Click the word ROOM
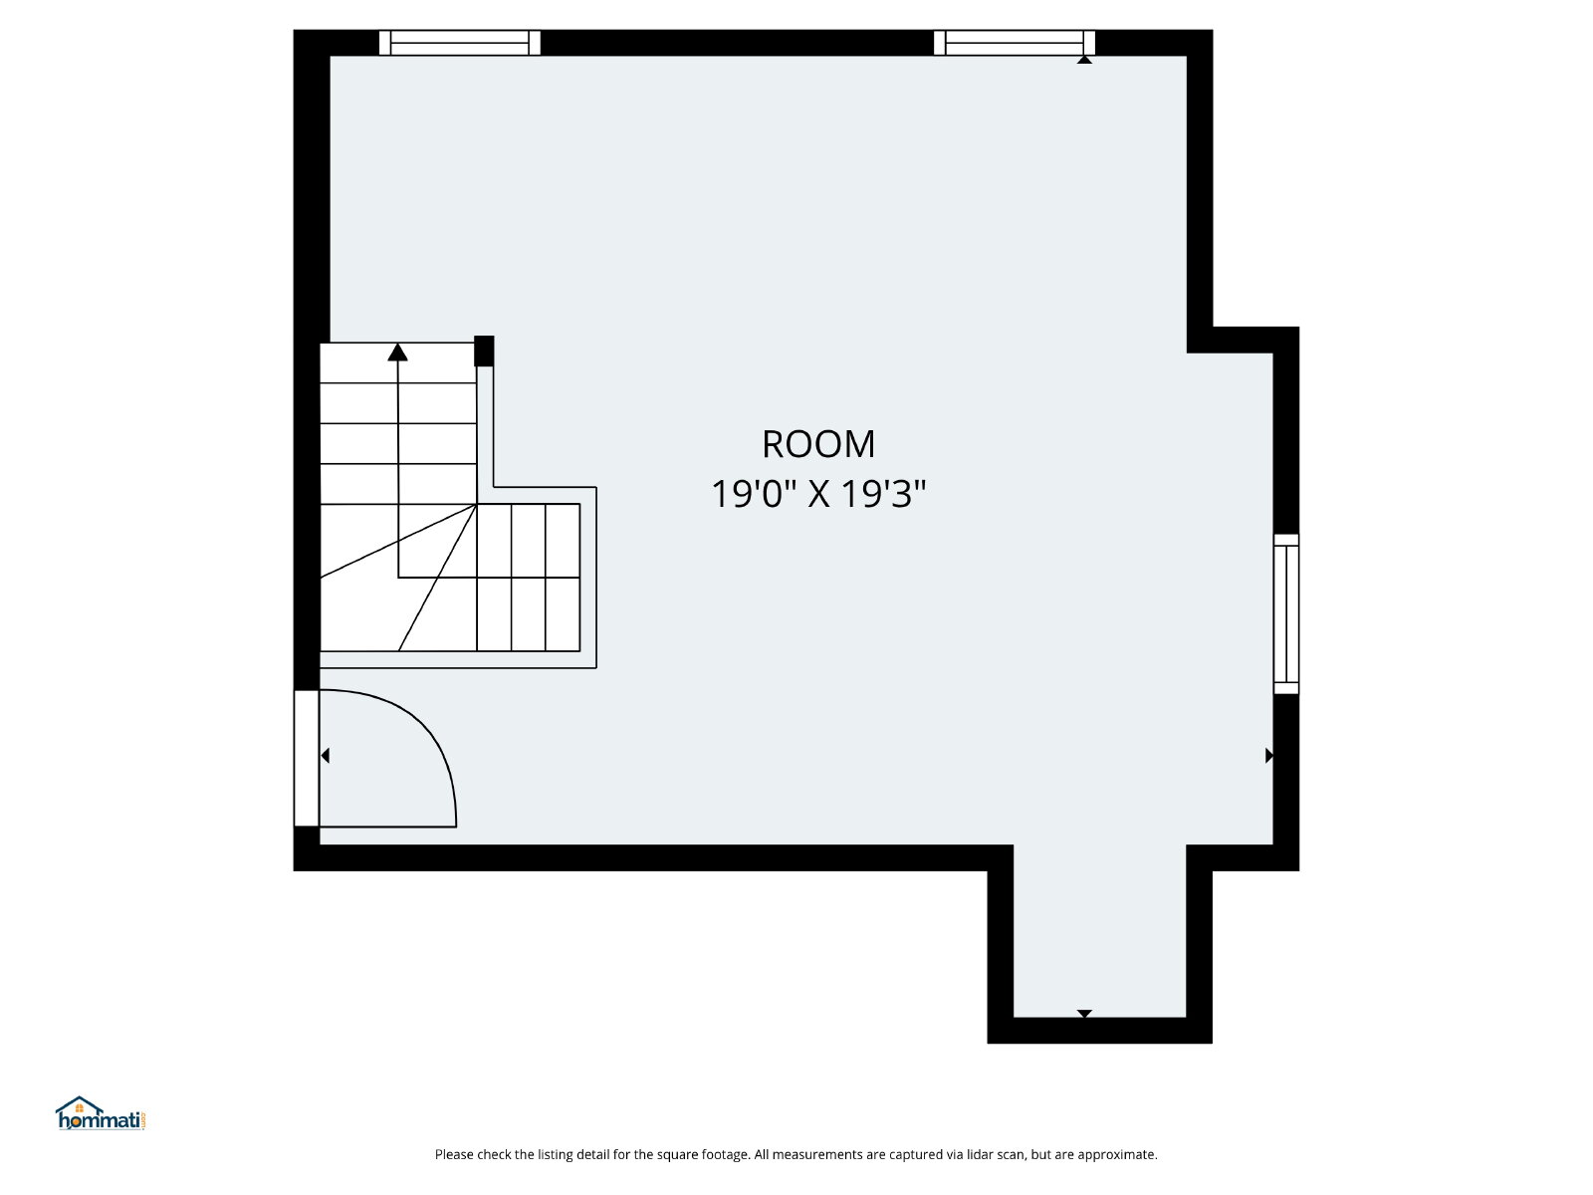point(818,444)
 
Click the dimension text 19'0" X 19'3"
point(818,494)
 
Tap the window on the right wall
point(1286,613)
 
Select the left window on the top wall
point(459,43)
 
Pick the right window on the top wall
point(1014,43)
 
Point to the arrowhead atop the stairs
point(397,352)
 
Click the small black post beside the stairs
point(484,352)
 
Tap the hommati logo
point(101,1113)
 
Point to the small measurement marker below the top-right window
point(1084,60)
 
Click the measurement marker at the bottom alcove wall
point(1084,1014)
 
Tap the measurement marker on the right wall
point(1269,755)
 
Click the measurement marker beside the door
point(325,755)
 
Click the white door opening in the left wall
point(307,758)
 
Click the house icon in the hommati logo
point(79,1105)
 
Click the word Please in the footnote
point(454,1154)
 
